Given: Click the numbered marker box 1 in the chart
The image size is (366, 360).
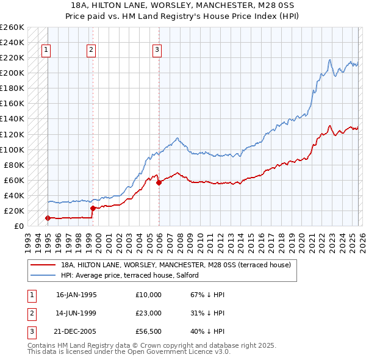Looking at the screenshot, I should point(46,50).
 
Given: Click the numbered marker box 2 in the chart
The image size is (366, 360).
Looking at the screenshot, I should point(91,50).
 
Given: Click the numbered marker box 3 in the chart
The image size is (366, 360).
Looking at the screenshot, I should point(157,50).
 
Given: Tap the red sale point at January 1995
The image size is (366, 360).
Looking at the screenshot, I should point(48,218).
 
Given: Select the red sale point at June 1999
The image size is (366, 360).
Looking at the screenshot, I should point(93,208).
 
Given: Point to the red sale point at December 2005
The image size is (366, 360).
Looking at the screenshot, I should point(159,182).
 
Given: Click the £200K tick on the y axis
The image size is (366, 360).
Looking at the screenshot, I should point(12,73).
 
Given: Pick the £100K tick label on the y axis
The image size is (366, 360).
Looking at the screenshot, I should point(12,149).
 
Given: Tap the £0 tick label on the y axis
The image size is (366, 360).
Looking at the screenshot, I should point(18,226).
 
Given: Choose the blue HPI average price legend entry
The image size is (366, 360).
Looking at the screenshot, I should point(134,276).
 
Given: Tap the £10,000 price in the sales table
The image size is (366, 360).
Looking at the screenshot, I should point(148,295).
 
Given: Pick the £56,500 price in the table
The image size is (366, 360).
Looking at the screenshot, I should point(148,331).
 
